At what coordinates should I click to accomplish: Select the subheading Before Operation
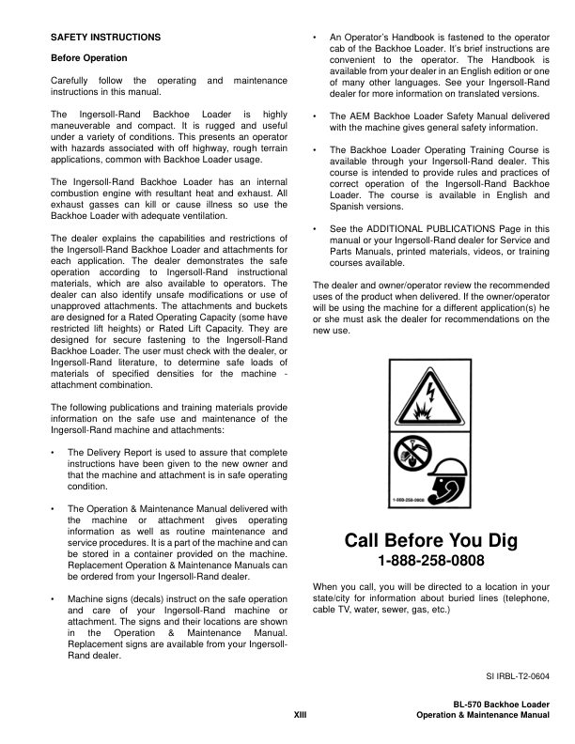pos(89,58)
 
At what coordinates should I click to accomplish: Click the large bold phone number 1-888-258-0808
pos(431,562)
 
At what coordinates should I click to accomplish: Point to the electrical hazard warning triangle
pos(428,395)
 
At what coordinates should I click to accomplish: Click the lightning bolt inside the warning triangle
pos(430,387)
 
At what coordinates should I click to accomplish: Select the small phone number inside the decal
pos(408,499)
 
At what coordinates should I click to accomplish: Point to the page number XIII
pos(301,716)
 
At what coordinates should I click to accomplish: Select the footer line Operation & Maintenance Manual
pos(482,716)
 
